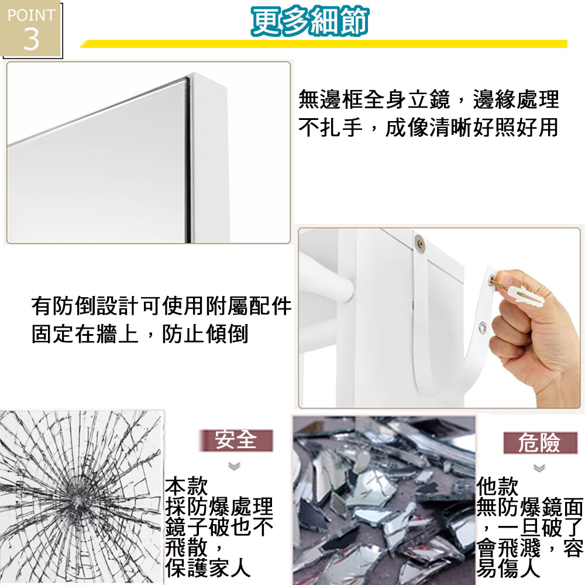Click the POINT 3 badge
(31, 29)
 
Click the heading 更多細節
(311, 21)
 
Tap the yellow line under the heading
(323, 44)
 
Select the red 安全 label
(236, 440)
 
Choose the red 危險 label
(539, 442)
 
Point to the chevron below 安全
(235, 466)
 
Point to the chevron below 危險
(539, 467)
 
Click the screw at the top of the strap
(420, 243)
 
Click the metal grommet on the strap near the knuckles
(483, 328)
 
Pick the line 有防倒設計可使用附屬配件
(161, 306)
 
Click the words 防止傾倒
(205, 333)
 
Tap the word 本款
(187, 486)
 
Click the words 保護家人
(208, 568)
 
